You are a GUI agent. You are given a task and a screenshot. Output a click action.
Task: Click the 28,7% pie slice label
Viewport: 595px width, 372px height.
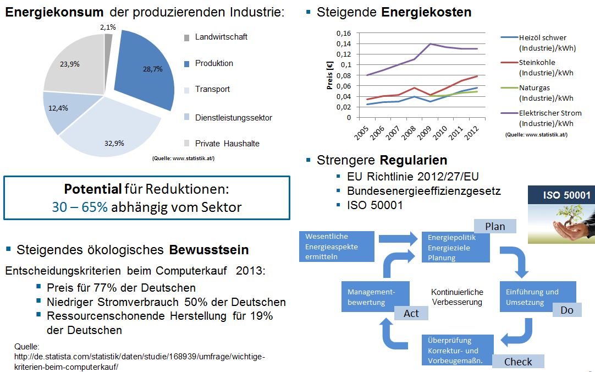click(145, 69)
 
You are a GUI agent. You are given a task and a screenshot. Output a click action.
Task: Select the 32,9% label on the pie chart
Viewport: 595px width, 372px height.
click(115, 143)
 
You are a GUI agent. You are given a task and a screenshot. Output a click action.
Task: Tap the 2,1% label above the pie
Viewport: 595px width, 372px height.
click(108, 26)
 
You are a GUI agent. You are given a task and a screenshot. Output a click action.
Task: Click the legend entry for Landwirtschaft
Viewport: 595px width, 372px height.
click(221, 37)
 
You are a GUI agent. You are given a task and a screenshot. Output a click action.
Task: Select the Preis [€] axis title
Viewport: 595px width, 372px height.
click(330, 75)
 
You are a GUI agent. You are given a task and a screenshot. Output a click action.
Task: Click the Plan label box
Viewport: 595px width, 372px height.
click(495, 226)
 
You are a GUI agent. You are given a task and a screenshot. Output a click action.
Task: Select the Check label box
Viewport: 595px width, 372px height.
click(518, 362)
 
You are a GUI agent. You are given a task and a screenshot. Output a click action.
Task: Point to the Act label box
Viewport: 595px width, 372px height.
click(411, 313)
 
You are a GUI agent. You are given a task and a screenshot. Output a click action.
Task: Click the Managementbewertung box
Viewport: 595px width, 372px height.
click(372, 297)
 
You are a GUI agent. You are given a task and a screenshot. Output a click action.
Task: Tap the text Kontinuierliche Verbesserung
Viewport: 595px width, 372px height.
click(457, 297)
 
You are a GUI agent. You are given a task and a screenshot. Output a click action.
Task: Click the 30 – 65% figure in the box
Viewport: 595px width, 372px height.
click(80, 207)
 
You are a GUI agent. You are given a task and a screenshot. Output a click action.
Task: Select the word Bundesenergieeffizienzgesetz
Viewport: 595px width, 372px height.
click(423, 191)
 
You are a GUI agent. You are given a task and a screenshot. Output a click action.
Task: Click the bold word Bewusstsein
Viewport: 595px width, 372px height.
click(209, 250)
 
